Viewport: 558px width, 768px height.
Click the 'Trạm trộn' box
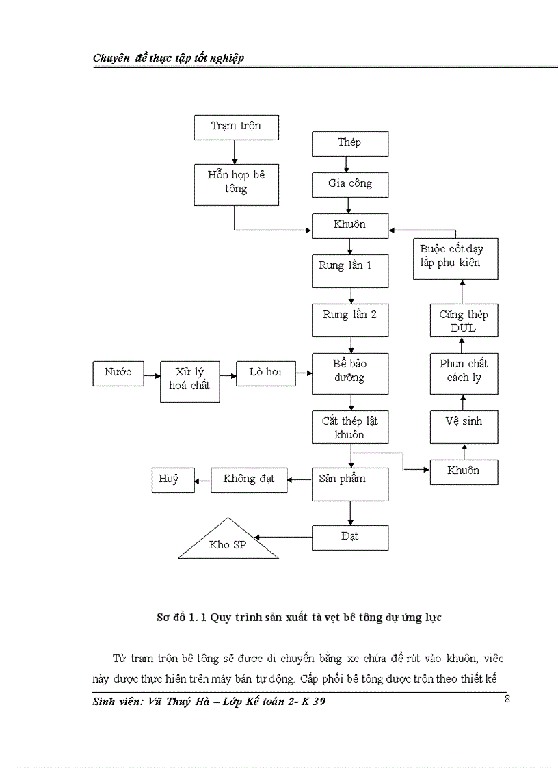click(x=236, y=127)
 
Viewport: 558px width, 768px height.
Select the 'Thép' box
click(x=350, y=144)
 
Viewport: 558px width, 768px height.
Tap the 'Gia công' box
click(x=350, y=184)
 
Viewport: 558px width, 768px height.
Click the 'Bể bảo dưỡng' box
click(x=350, y=373)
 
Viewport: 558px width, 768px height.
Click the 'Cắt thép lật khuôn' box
click(x=350, y=428)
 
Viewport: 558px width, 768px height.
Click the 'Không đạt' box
click(x=248, y=479)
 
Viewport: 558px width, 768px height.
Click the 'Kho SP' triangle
click(x=228, y=543)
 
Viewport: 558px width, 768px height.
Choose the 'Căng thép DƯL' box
click(x=464, y=320)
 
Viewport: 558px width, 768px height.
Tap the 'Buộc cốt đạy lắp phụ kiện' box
click(x=456, y=258)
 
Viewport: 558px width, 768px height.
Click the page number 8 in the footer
click(x=507, y=699)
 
